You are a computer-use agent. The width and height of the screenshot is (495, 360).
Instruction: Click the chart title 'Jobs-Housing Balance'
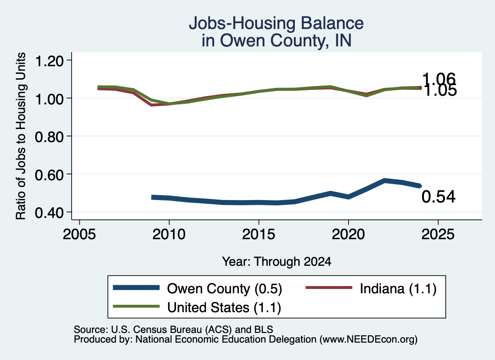tap(276, 23)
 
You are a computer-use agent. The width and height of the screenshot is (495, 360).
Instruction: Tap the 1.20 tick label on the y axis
tap(49, 61)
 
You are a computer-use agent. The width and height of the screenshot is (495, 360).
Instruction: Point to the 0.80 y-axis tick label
tap(49, 137)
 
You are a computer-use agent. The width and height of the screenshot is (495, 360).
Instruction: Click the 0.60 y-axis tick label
tap(49, 175)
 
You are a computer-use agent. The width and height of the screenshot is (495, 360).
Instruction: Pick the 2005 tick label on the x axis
tap(79, 234)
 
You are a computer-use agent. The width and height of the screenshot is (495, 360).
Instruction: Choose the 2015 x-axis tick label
tap(259, 234)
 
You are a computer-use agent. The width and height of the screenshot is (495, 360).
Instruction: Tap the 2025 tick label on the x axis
tap(438, 234)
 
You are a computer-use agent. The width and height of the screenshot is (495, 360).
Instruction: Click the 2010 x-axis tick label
tap(169, 234)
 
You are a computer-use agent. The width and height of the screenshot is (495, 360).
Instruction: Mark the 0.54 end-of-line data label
tap(438, 197)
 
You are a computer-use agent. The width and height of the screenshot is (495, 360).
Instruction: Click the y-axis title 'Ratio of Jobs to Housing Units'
tap(21, 136)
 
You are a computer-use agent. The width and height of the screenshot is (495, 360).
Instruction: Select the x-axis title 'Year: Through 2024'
tap(277, 261)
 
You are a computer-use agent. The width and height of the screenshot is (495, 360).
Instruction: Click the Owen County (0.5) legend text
tap(224, 288)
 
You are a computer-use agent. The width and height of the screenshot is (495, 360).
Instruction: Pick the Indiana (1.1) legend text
tap(398, 288)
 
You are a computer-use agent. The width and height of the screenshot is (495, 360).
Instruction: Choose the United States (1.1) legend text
tap(224, 307)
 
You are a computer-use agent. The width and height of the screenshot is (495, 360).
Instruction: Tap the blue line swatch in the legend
tap(136, 288)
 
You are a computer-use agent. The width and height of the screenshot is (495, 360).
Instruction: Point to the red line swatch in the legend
tap(329, 288)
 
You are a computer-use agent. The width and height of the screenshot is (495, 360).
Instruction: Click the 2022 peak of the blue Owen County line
tap(384, 180)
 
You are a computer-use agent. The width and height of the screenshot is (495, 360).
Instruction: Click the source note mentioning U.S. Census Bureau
tap(174, 330)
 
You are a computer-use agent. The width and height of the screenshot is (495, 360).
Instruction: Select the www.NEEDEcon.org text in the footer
tap(368, 339)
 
